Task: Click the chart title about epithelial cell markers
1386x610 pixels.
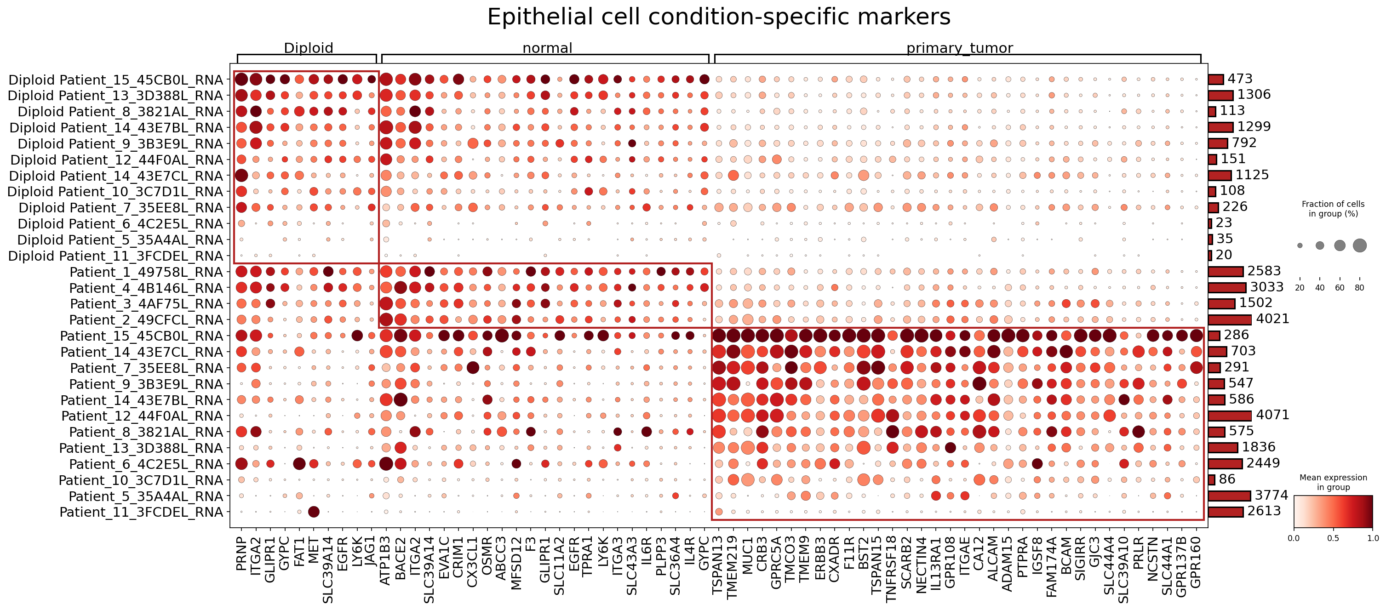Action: coord(719,17)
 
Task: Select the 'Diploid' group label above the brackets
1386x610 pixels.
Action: coord(308,48)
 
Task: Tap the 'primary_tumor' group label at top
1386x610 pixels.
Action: coord(959,48)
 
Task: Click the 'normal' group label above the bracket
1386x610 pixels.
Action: coord(547,48)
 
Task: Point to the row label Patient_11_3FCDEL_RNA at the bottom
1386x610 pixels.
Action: coord(141,512)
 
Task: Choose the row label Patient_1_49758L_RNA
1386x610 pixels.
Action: coord(146,272)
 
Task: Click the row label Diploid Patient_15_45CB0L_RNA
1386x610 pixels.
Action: coord(116,80)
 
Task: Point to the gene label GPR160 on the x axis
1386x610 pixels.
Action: coord(1196,562)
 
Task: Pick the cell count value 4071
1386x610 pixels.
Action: coord(1272,415)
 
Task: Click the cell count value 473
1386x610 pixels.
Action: coord(1240,79)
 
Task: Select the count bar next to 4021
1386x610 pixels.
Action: coord(1230,319)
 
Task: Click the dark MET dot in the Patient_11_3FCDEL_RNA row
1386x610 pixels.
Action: coord(314,512)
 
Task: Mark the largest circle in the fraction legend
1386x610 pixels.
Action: coord(1360,245)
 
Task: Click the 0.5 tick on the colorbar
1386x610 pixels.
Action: coord(1333,538)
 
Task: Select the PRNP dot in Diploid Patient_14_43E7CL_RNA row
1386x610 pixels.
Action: coord(241,176)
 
